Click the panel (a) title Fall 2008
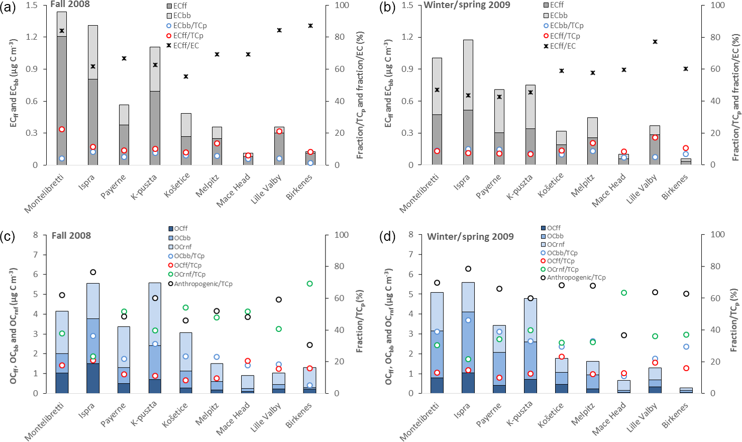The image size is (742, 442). coord(70,4)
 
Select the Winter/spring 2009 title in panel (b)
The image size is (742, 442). coord(467,5)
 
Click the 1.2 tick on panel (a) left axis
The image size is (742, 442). coord(32,37)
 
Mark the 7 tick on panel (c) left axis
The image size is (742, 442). coord(36,255)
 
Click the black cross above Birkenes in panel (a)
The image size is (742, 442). coord(310,26)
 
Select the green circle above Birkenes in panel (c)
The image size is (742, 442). coord(310,284)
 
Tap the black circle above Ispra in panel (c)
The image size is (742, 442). coord(93,272)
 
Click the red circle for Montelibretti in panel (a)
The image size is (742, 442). coord(62,129)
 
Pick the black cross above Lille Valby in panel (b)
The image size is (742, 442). coord(655,42)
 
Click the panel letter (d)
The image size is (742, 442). coord(387,236)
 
